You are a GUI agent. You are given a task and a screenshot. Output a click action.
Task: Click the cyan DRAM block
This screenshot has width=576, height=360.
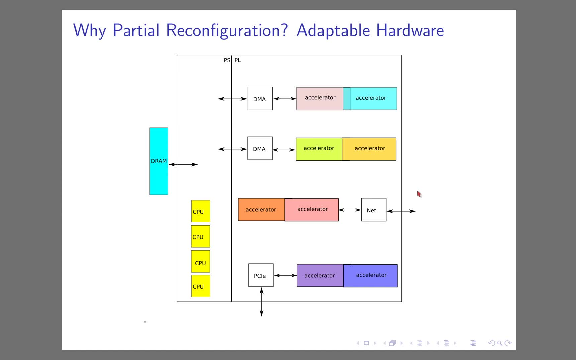coord(159,161)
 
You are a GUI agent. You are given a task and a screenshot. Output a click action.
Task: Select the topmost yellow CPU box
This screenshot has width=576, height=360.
coord(201,211)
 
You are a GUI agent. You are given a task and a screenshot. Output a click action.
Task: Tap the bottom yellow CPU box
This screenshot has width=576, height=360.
coord(201,286)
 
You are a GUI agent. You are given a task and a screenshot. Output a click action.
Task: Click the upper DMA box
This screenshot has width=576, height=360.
coord(260,99)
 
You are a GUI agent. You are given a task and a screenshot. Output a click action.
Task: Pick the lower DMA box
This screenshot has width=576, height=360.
coord(260,148)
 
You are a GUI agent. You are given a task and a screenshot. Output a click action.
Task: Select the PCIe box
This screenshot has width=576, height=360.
coord(261,275)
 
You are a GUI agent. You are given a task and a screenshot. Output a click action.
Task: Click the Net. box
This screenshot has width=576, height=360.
coord(374,210)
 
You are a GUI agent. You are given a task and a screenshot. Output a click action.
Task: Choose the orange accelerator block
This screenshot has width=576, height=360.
coord(261,210)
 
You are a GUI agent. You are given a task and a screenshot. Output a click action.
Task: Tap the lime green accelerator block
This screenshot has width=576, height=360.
coord(319,149)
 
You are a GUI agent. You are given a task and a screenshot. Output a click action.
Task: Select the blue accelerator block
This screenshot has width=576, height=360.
coord(371,276)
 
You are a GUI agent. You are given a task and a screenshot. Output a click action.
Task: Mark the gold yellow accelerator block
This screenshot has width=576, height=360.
coord(369,149)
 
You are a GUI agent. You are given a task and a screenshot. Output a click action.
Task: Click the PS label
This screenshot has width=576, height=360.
coord(227,60)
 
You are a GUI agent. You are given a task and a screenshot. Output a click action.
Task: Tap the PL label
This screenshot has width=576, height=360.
coord(238,60)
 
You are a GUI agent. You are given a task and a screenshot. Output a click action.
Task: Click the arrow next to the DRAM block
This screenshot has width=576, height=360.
coord(183,164)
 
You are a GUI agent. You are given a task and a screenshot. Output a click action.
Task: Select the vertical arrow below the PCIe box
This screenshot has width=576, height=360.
coord(262,302)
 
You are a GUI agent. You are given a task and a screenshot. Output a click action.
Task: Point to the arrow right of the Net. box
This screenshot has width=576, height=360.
coord(401,211)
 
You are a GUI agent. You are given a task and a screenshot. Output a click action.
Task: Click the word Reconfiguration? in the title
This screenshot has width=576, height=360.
coord(227,30)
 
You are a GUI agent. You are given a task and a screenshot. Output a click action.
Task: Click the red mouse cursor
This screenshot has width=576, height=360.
coord(419,194)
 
